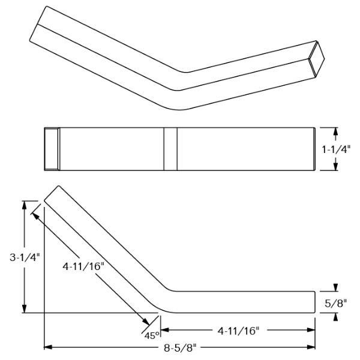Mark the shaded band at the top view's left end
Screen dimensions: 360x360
pos(52,149)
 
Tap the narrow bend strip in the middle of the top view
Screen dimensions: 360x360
pos(170,149)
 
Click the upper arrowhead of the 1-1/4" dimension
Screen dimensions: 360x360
pos(336,131)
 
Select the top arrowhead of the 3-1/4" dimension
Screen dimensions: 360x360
pos(25,204)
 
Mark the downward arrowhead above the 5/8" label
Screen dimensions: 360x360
pos(336,287)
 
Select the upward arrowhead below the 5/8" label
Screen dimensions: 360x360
pos(336,316)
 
